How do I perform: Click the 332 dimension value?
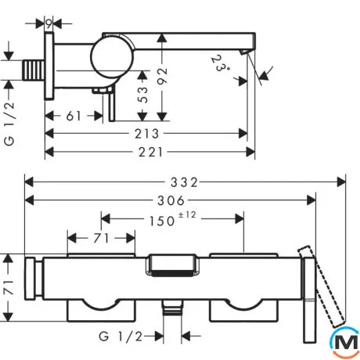[184, 182]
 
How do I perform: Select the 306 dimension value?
[171, 200]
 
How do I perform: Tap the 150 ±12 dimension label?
[172, 219]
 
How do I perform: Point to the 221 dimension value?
[150, 152]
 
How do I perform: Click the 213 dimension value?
[146, 134]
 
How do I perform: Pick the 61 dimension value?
[74, 116]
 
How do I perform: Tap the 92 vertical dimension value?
[162, 76]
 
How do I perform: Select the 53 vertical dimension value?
[142, 95]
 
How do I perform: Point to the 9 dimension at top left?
[49, 24]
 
